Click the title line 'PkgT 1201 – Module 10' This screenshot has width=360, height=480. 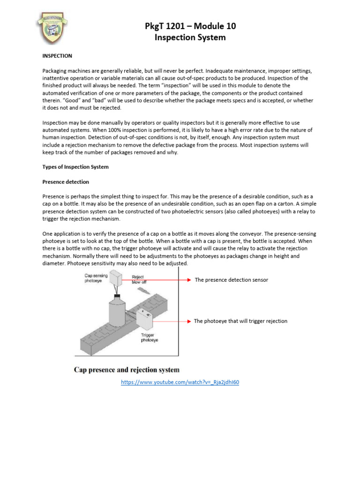coord(190,26)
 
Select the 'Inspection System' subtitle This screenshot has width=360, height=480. coord(190,37)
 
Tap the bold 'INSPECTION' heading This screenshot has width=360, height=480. coord(57,56)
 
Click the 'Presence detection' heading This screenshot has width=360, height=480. coord(66,181)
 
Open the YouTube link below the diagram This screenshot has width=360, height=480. coord(180,382)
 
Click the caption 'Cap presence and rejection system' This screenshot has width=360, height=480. coord(127,370)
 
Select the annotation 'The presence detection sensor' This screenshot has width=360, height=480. coord(231,280)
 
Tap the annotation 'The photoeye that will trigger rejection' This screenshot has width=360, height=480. coord(240,321)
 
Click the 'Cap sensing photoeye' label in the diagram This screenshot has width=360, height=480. coord(96,278)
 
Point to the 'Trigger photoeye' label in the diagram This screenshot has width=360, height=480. coord(149,337)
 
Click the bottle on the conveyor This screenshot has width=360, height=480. coord(116,313)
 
